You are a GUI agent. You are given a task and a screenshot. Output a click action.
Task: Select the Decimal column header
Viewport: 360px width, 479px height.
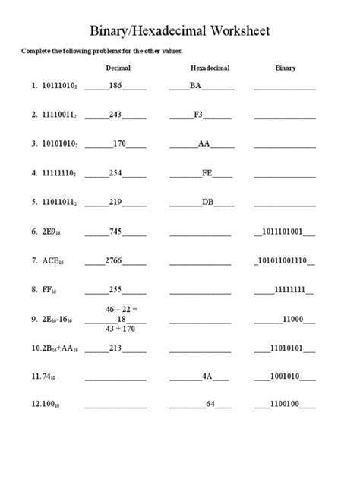click(x=118, y=68)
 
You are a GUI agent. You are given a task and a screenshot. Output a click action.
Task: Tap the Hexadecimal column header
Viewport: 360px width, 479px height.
click(x=210, y=68)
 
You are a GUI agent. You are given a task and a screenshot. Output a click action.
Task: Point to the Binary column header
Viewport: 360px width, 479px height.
click(x=285, y=68)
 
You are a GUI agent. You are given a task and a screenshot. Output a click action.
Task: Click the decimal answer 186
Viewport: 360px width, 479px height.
click(x=115, y=86)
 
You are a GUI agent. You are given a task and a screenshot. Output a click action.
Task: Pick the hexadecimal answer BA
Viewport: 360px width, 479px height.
click(x=196, y=86)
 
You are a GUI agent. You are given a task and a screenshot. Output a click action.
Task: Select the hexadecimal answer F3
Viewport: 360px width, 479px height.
click(x=198, y=115)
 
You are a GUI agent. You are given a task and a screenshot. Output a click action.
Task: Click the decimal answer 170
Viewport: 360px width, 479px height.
click(x=119, y=143)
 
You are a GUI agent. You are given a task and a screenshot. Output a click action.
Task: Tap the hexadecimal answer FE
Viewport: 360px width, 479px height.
click(x=207, y=172)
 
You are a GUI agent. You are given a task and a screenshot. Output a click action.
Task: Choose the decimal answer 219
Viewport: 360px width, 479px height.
click(x=115, y=202)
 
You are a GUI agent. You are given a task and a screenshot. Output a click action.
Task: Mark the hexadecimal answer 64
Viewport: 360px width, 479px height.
click(x=211, y=404)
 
